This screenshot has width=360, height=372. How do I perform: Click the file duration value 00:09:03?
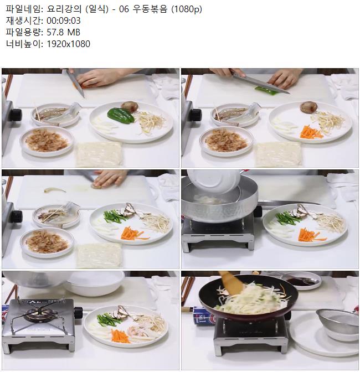tap(64, 20)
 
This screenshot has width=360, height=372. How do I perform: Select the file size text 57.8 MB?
tap(63, 32)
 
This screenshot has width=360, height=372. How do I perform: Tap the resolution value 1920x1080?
tap(68, 44)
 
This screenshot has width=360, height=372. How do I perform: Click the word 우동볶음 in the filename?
tap(150, 9)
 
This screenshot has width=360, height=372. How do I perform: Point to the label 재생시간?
tap(23, 20)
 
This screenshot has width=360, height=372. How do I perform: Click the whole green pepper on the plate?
tap(120, 116)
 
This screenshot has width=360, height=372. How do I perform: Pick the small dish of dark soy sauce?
tap(302, 280)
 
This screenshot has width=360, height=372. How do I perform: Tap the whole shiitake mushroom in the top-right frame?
tap(308, 107)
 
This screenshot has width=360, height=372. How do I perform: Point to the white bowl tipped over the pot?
tap(213, 182)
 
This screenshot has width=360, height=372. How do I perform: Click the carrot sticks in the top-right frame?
tap(311, 132)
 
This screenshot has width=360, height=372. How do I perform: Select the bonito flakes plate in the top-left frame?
tap(47, 141)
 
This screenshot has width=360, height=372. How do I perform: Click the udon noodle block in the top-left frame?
tap(99, 154)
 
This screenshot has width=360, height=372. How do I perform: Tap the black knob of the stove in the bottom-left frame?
tap(78, 313)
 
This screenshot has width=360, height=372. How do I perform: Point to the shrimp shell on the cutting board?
tap(55, 190)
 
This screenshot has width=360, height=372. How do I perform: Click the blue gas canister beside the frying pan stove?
tap(204, 316)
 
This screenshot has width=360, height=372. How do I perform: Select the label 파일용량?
tap(23, 32)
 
